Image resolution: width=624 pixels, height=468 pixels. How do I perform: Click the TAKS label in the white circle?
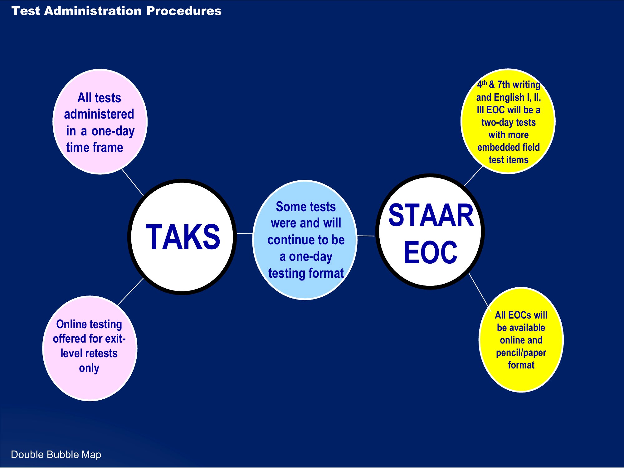tap(183, 237)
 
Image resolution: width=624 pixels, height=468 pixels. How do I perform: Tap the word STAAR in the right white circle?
tap(431, 215)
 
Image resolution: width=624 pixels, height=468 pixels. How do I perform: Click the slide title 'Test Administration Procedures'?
tap(116, 11)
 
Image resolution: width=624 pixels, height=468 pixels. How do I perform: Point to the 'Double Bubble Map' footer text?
tap(56, 455)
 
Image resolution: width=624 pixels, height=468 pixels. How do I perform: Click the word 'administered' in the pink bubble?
tap(99, 114)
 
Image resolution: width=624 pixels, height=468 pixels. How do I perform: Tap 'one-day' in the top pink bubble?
tap(113, 131)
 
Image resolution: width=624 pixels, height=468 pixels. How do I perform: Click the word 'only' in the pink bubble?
tap(89, 368)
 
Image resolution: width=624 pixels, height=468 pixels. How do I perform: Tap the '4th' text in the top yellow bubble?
tap(482, 84)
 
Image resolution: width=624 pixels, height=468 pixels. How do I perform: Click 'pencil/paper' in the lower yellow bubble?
tap(521, 353)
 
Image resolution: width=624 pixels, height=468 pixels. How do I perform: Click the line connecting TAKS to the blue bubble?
tap(245, 233)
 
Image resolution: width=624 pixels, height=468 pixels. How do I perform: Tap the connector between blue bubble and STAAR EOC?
tap(366, 236)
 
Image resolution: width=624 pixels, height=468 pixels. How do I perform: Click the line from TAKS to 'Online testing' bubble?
tap(130, 292)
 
